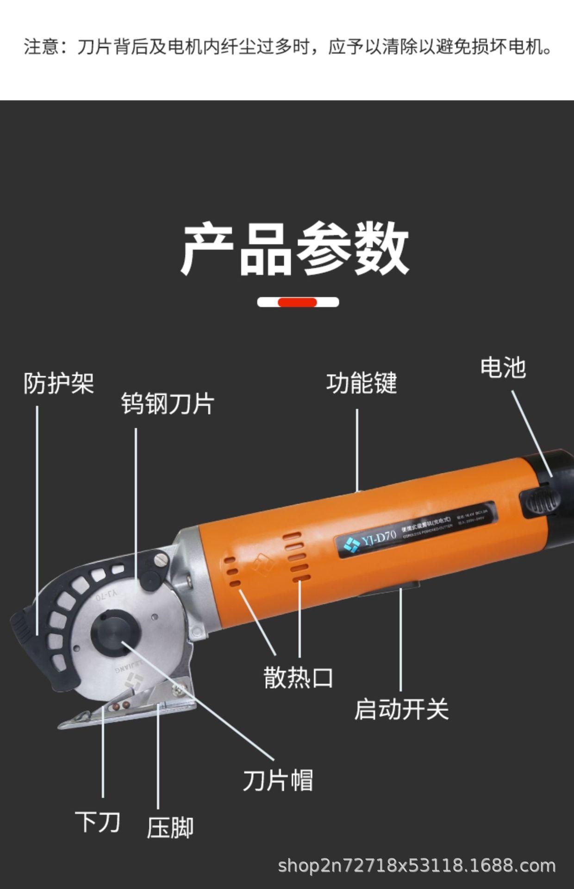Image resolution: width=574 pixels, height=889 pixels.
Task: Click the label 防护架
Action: tap(59, 383)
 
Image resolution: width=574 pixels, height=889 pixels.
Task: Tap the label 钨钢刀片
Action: tap(168, 404)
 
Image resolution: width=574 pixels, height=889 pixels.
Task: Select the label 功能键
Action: tap(362, 383)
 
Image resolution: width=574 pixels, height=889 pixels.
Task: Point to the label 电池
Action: tap(503, 368)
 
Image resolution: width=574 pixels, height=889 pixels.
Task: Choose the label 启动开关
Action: tap(401, 709)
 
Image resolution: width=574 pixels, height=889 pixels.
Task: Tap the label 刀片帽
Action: tap(278, 780)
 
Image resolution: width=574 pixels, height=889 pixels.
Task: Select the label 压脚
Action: tap(170, 828)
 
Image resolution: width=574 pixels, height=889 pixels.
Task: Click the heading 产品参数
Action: tap(295, 249)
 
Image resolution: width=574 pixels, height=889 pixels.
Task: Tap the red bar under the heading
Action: tap(297, 302)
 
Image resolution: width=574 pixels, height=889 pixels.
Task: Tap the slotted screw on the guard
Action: tap(161, 559)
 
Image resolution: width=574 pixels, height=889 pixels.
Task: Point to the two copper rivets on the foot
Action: tap(120, 706)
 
